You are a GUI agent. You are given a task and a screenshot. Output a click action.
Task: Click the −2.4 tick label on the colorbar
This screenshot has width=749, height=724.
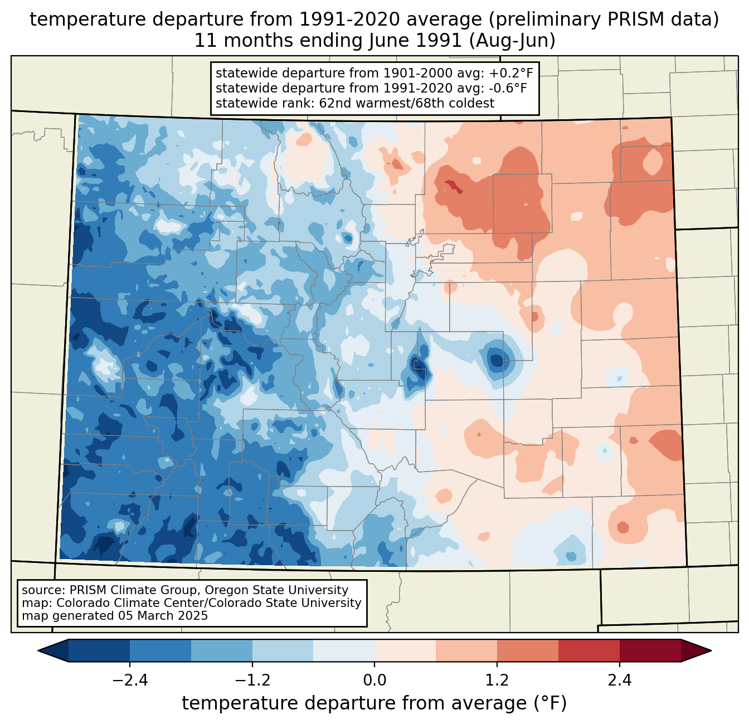[130, 681]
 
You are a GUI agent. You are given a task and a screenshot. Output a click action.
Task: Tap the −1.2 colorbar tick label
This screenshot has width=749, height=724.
[252, 681]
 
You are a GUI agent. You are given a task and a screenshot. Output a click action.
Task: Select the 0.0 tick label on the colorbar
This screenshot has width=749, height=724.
[374, 681]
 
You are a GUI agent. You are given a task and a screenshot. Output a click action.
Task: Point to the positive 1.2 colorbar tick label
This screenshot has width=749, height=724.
[497, 681]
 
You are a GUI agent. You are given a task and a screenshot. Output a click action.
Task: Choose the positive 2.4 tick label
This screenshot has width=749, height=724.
[620, 681]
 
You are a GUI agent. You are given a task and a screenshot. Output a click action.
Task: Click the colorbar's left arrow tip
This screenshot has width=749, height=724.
[38, 651]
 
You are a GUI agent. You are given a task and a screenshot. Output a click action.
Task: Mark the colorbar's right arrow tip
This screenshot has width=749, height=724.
[711, 651]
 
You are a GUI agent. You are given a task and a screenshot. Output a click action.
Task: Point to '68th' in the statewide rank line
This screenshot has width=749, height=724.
[424, 103]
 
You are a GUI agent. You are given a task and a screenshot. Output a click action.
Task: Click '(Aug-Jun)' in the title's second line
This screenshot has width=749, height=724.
[512, 41]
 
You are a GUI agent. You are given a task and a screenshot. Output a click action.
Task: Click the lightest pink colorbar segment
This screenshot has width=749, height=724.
[405, 651]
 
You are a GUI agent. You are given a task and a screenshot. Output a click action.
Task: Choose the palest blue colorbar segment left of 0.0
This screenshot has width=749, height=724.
[344, 651]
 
